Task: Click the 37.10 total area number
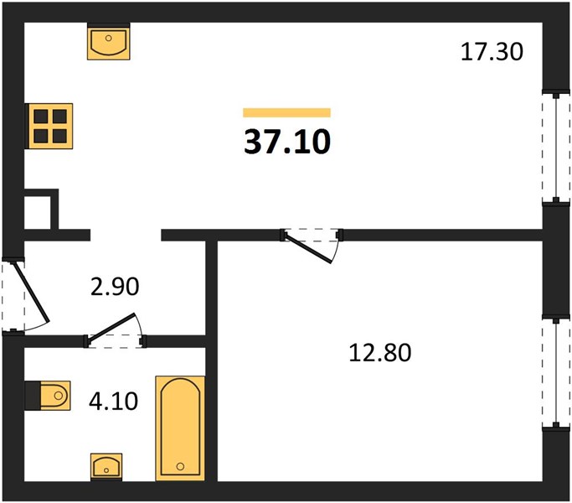coord(287,142)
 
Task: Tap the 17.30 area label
coord(492,51)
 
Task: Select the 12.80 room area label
coord(379,352)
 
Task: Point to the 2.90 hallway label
coord(115,286)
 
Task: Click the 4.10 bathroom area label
coord(113,401)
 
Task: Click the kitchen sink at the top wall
coord(109,41)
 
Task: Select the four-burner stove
coord(49,126)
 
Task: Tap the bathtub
coord(180,428)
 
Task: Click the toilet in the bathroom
coord(48,396)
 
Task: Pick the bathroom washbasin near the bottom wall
coord(106,467)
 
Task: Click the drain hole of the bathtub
coord(180,466)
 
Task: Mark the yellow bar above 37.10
coord(286,113)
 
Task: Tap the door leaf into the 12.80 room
coord(308,249)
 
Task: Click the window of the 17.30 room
coord(556,148)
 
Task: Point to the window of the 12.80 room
coord(556,373)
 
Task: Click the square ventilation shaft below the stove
coord(41,210)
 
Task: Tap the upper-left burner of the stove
coord(40,117)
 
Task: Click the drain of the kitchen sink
coord(108,38)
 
